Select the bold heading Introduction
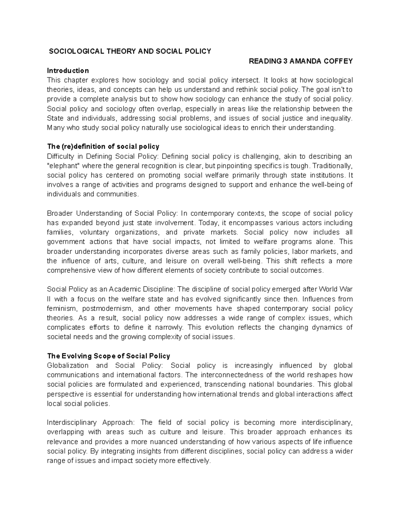[x=68, y=70]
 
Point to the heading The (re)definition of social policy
[x=103, y=146]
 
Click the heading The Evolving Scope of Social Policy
[x=109, y=356]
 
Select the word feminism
[x=61, y=308]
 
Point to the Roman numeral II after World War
[x=49, y=299]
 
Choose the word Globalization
[x=68, y=366]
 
